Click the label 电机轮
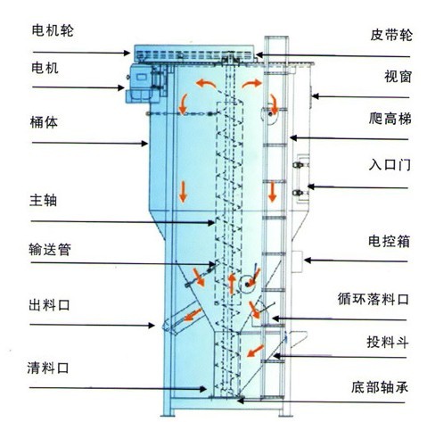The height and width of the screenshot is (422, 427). [53, 30]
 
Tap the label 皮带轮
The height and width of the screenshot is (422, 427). [391, 35]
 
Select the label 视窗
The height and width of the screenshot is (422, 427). [398, 77]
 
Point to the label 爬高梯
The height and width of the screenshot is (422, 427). [390, 119]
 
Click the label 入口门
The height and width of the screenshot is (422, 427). [390, 164]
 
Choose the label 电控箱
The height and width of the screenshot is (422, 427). [389, 241]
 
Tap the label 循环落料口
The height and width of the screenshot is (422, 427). [374, 299]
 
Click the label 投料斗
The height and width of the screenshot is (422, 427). [388, 342]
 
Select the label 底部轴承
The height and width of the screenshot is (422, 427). [380, 387]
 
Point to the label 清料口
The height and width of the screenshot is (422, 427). [48, 368]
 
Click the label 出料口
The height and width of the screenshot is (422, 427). [49, 305]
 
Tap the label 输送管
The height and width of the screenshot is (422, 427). [50, 249]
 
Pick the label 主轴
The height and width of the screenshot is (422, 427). [43, 200]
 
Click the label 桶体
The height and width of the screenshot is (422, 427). [44, 122]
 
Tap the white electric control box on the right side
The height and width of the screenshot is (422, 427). [297, 261]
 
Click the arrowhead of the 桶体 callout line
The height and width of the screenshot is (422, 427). [144, 144]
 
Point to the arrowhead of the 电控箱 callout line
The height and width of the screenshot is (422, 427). [308, 261]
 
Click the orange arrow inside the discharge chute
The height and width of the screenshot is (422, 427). [193, 315]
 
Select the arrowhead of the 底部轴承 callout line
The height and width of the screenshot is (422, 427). [241, 401]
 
